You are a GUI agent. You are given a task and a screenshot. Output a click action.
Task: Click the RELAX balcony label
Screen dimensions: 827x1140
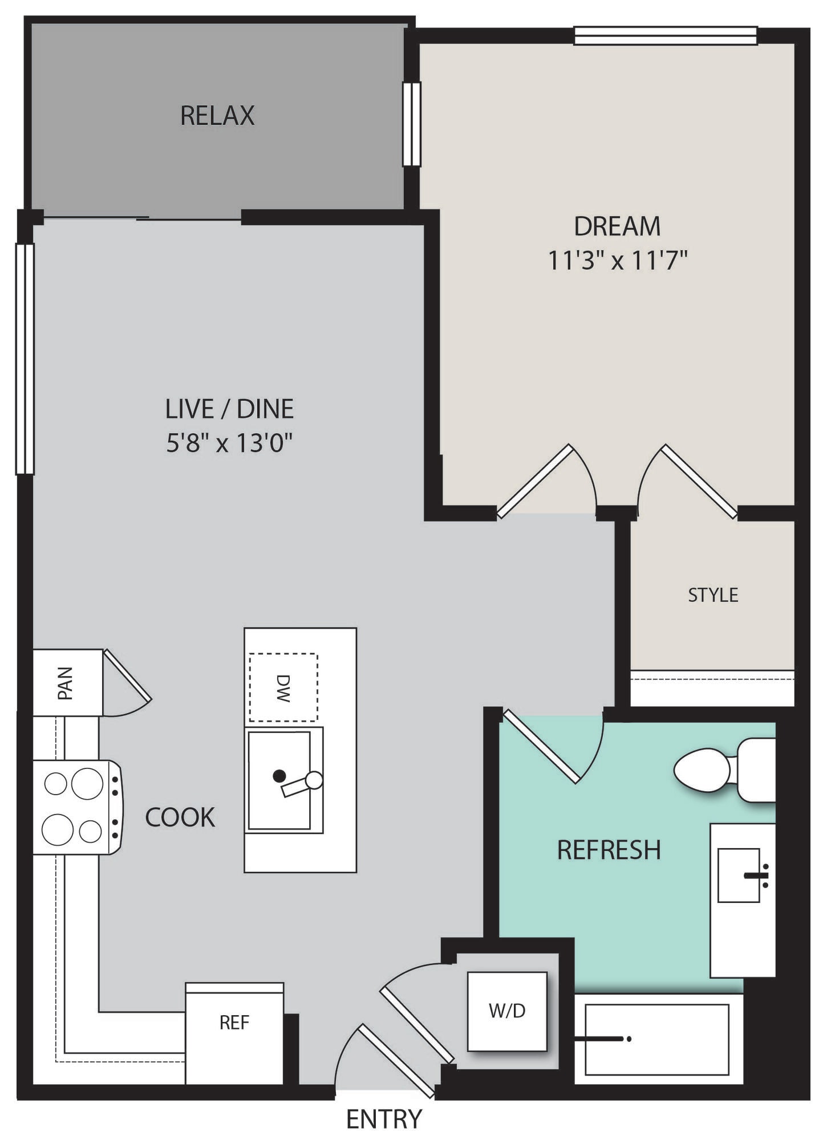(x=217, y=115)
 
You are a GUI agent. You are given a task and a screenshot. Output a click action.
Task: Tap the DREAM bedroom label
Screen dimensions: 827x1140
(x=617, y=226)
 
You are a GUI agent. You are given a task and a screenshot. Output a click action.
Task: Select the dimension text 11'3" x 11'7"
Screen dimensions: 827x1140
(x=618, y=260)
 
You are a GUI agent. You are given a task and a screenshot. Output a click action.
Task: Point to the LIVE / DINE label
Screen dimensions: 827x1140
(x=229, y=409)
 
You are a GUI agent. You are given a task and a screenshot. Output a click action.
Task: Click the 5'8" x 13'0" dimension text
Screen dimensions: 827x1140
(x=229, y=442)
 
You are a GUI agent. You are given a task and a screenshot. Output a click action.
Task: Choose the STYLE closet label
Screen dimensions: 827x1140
(x=713, y=595)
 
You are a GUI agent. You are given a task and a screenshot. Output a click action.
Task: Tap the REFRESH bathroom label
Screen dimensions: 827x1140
(x=609, y=850)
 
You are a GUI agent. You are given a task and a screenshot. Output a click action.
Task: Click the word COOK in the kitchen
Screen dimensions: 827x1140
(x=180, y=817)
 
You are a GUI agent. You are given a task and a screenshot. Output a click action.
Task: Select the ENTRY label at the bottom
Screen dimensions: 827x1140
(x=384, y=1119)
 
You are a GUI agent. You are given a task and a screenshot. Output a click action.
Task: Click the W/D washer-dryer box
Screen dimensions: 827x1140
(x=507, y=1011)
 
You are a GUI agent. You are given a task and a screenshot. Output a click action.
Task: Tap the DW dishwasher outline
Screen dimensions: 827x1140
(x=283, y=687)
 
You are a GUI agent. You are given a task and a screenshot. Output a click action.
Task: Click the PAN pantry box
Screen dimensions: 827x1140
(x=67, y=682)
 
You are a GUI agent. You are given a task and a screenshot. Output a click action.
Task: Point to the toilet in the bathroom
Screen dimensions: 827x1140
(x=724, y=771)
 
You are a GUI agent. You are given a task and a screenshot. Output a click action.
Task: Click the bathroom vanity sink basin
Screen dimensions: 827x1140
(x=739, y=875)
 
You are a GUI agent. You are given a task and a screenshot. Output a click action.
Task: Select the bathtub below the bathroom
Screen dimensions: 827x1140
(x=658, y=1039)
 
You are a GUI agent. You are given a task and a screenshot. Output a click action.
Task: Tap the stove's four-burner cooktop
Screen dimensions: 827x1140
(x=76, y=807)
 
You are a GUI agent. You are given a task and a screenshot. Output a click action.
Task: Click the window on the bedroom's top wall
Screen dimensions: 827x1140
(x=666, y=35)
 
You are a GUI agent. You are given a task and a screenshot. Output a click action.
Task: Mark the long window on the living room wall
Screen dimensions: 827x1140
(x=25, y=359)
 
